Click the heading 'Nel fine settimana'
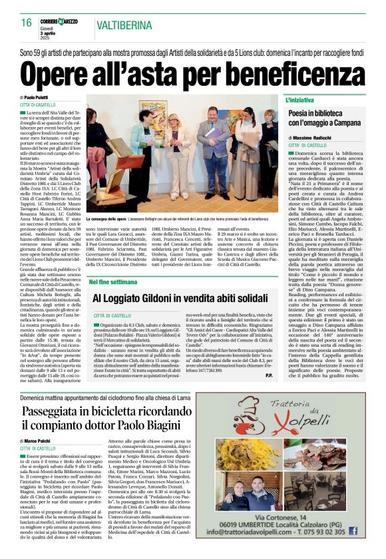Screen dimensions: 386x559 coord(116,281)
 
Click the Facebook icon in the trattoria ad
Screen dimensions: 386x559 coord(370,531)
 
